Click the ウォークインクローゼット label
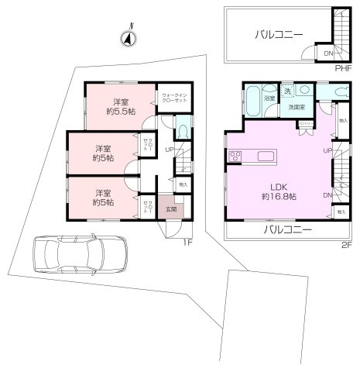tap(174, 98)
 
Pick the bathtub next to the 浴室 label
tap(254, 98)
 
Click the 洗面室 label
tap(296, 106)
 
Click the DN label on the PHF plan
tap(329, 53)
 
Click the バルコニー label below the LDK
tap(286, 230)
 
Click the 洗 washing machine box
tap(287, 91)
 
